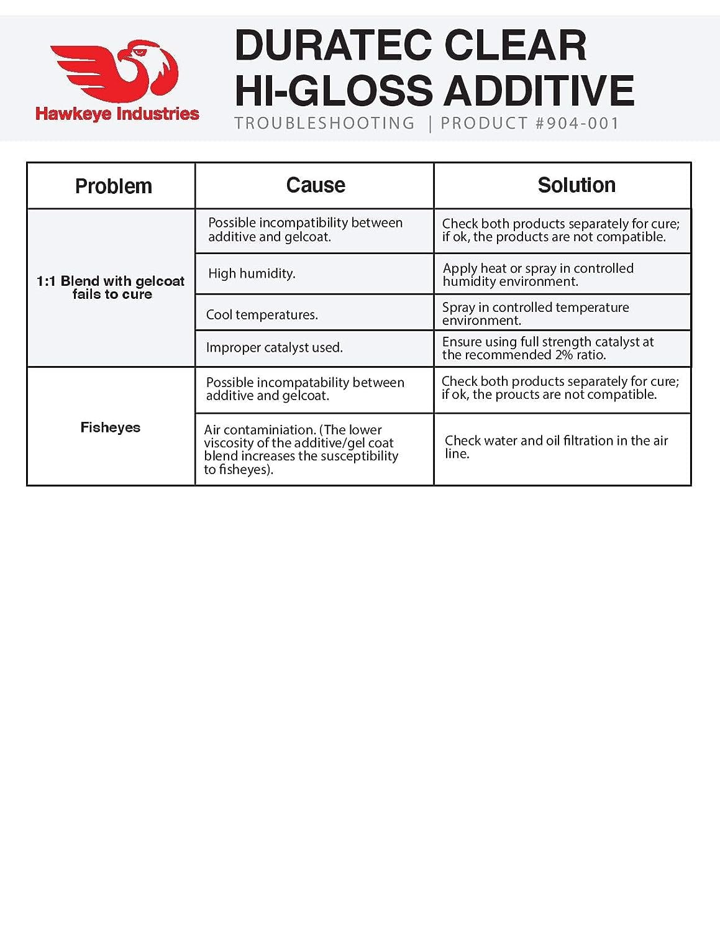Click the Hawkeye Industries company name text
(x=117, y=114)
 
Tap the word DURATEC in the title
(x=333, y=45)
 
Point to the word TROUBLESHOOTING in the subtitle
(x=324, y=123)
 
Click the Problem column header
(x=113, y=186)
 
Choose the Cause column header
(x=316, y=185)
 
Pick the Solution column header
(x=576, y=185)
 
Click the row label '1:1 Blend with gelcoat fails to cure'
(x=111, y=288)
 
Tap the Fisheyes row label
(x=111, y=427)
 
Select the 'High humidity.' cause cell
(x=252, y=273)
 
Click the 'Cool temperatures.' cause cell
(x=262, y=314)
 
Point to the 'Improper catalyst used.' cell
(x=274, y=347)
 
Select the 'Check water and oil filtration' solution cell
(x=556, y=447)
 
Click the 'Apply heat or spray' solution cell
(x=538, y=275)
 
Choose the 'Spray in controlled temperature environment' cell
(x=535, y=314)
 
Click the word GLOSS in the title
(x=360, y=91)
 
